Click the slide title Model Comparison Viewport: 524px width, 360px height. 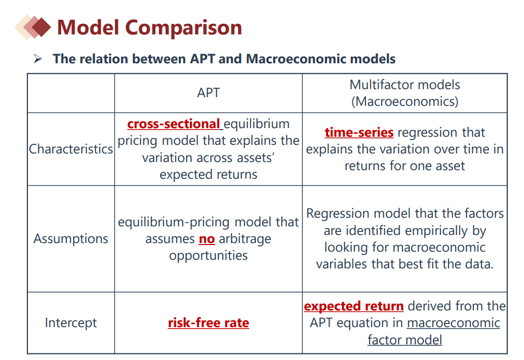[149, 27]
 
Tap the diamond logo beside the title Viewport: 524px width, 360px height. [33, 27]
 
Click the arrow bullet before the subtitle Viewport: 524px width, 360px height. [38, 59]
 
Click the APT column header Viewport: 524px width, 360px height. [208, 93]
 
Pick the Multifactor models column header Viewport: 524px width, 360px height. [405, 93]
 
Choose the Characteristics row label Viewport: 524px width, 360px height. [71, 149]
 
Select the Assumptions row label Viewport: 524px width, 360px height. [71, 238]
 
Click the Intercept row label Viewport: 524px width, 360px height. [71, 323]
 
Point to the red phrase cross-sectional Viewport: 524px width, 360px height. [174, 124]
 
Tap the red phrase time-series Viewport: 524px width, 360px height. [359, 132]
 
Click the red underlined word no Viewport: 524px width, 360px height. [207, 239]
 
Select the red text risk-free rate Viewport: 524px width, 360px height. [208, 323]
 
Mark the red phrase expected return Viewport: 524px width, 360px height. [353, 306]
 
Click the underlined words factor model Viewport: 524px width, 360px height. [405, 340]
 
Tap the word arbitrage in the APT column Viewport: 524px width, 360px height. [245, 239]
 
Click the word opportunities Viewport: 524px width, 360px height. [208, 256]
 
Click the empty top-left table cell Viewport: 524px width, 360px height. [71, 93]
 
